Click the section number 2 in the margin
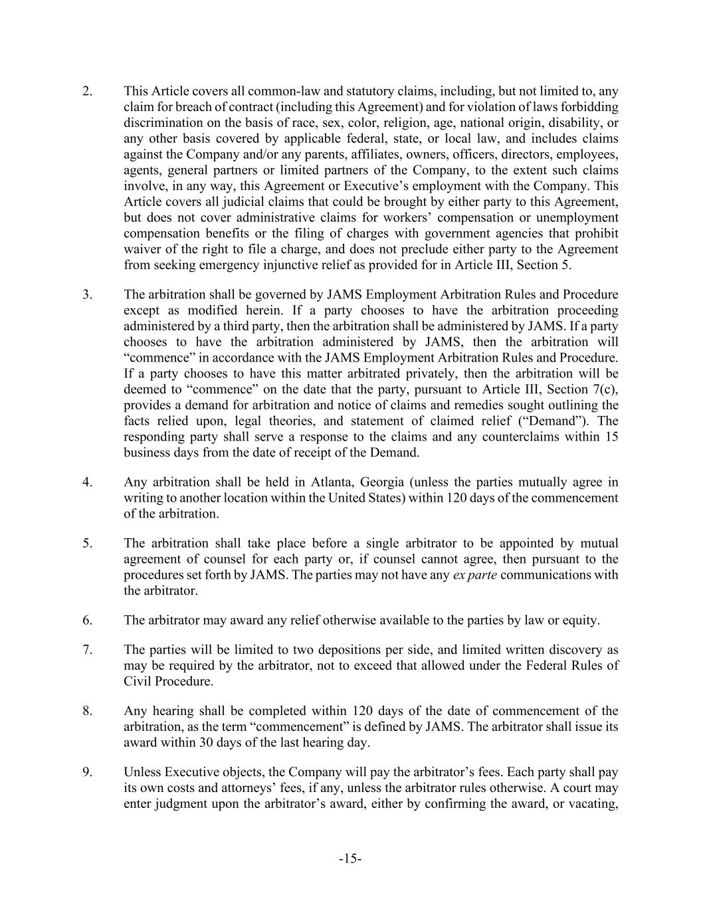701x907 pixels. (x=88, y=91)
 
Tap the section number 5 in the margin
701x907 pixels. (x=88, y=543)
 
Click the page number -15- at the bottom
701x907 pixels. (x=350, y=859)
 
